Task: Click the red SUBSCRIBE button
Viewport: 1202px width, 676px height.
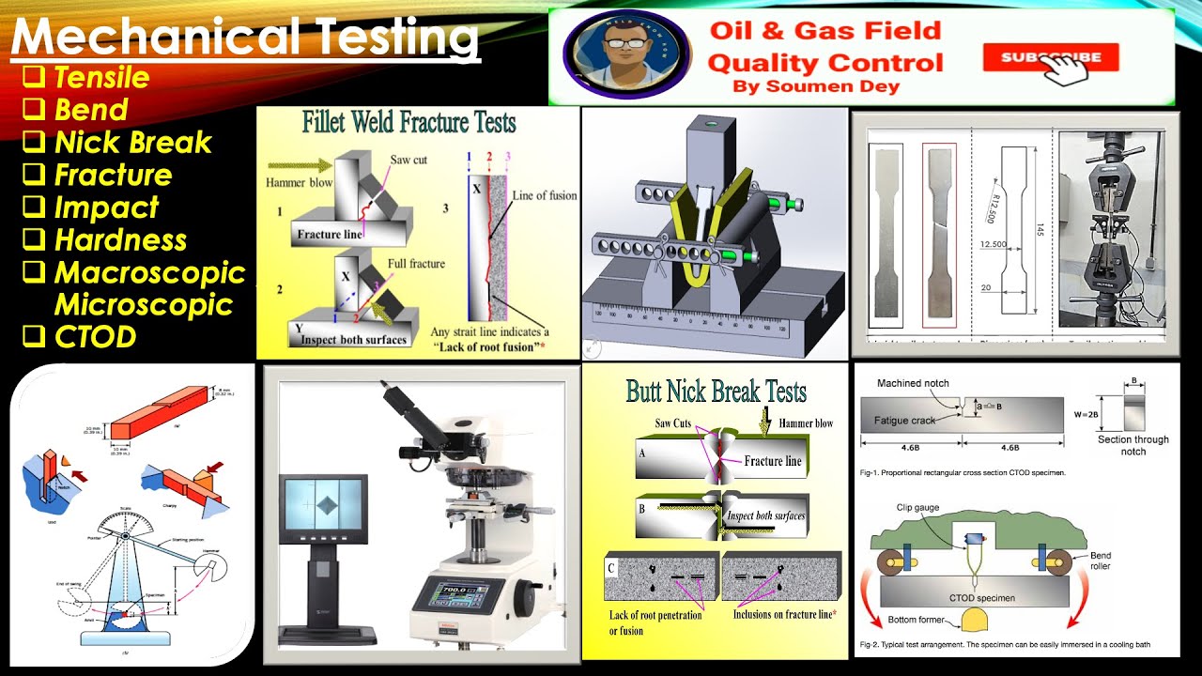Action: point(1050,57)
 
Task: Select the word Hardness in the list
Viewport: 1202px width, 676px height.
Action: point(120,239)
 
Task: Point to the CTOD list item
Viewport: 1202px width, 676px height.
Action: point(95,336)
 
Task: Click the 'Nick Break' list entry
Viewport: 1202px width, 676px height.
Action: point(132,142)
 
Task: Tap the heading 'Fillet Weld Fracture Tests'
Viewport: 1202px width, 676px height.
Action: point(408,122)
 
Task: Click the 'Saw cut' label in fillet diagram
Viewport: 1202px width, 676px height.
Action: point(408,160)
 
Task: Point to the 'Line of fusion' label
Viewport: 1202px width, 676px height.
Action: point(544,195)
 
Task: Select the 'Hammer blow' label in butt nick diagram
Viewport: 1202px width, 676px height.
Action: point(806,423)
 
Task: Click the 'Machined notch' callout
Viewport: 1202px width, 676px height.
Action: point(913,383)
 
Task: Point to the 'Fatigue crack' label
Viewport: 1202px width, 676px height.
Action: point(906,420)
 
